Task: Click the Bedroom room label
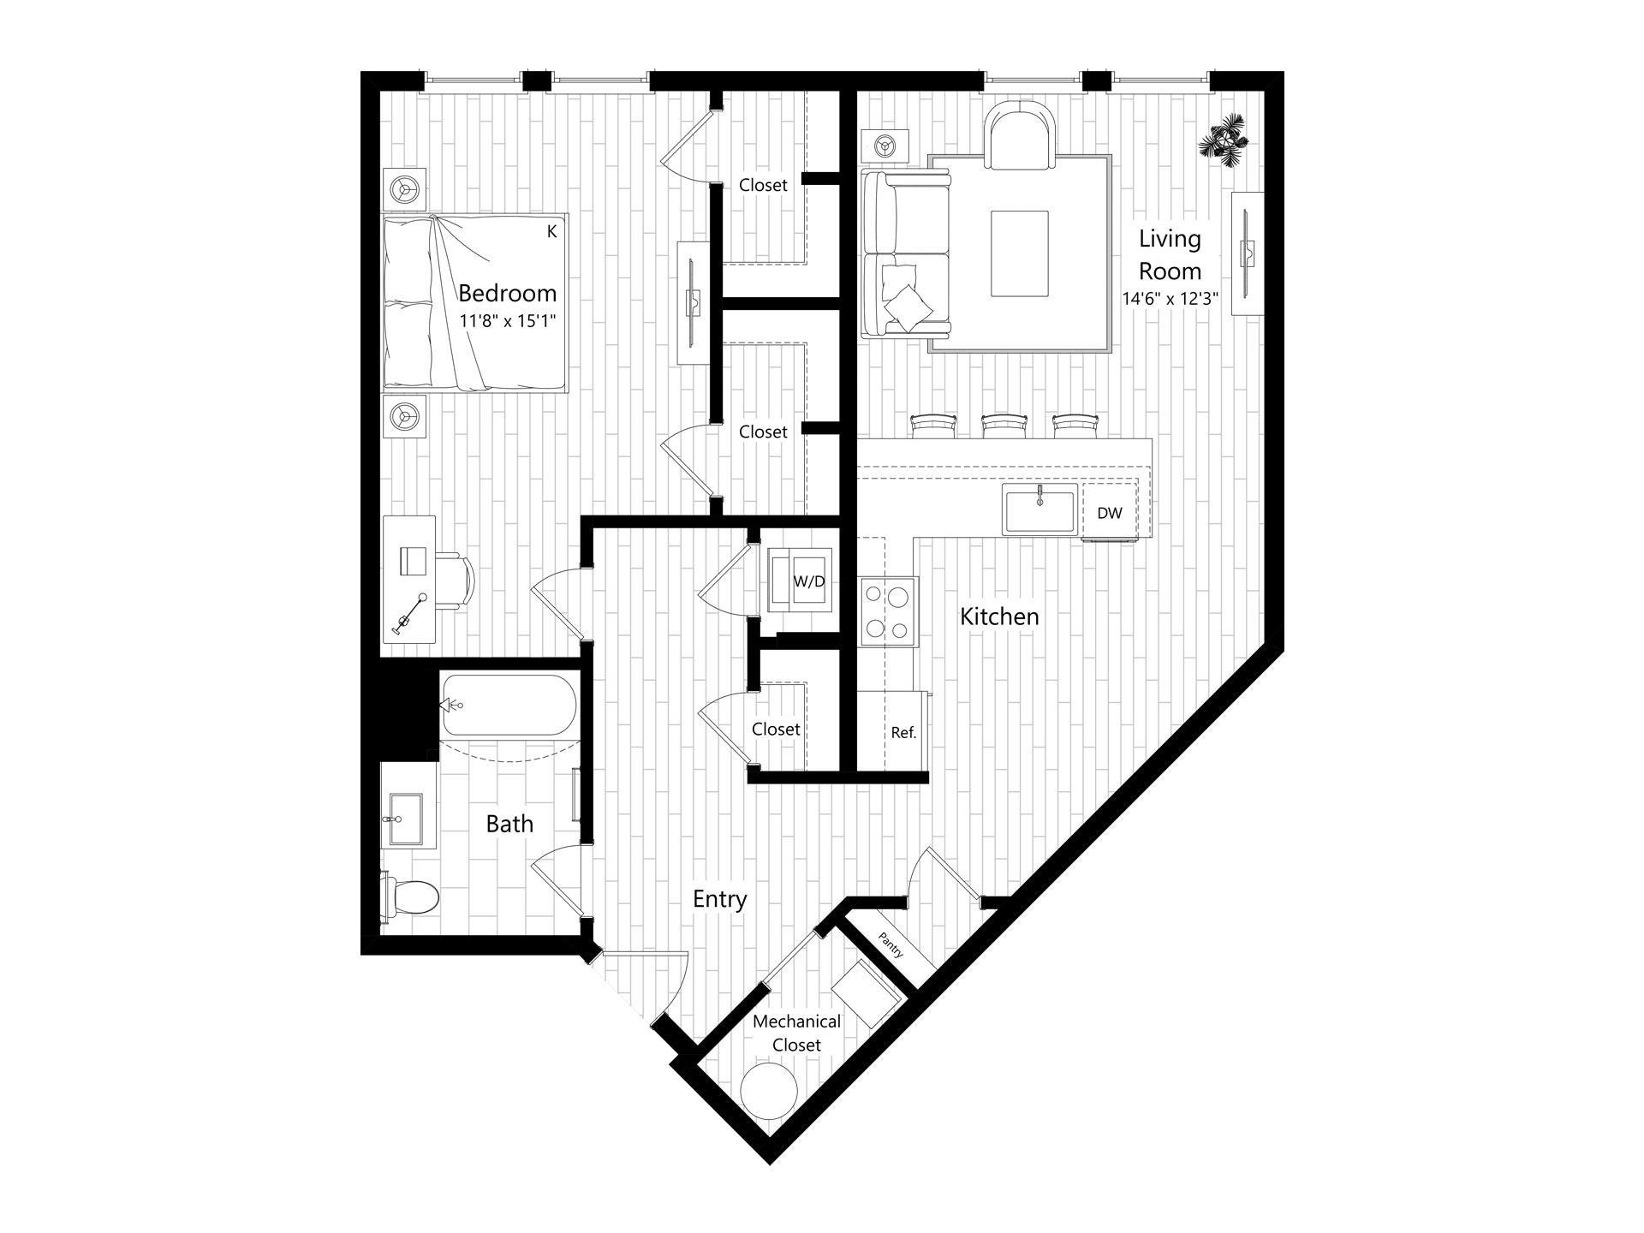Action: click(507, 294)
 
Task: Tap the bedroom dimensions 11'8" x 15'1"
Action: click(508, 322)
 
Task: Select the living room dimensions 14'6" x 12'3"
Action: click(1170, 299)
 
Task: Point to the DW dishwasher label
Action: click(1110, 513)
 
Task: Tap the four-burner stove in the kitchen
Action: click(888, 611)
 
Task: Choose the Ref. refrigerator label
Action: click(903, 733)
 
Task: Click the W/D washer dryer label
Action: click(809, 582)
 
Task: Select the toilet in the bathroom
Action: click(410, 897)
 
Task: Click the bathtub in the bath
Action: click(509, 705)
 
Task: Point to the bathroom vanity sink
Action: click(406, 818)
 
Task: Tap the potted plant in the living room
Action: click(1224, 138)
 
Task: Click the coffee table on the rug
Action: click(1019, 254)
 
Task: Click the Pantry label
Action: click(890, 945)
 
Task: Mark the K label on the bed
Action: click(552, 231)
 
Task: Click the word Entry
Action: click(720, 899)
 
